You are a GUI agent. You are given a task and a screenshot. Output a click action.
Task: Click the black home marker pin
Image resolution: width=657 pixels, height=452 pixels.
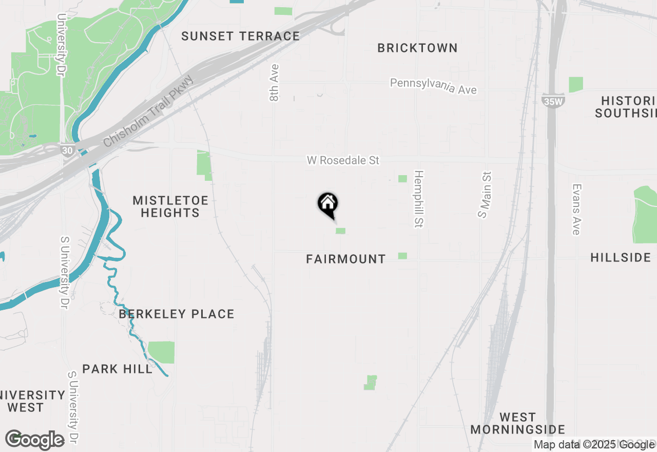327,204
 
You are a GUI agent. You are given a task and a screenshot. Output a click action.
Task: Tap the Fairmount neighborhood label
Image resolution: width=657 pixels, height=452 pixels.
345,259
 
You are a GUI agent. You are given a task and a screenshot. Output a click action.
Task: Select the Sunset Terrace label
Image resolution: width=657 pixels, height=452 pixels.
240,36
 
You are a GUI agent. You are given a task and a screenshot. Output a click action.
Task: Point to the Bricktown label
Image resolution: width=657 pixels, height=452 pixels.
417,48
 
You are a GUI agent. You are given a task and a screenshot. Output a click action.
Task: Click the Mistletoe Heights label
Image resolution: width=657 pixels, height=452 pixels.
170,206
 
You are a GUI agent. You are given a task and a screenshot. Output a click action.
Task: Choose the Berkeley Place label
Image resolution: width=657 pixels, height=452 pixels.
177,314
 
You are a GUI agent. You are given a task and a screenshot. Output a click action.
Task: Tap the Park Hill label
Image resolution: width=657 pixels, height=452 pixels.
118,369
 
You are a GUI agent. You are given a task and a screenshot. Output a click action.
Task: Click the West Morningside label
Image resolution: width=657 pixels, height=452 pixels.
517,423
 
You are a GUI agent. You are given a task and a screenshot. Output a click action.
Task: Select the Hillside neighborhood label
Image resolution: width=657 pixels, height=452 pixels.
621,257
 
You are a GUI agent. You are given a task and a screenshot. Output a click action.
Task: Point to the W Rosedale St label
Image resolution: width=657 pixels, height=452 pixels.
343,160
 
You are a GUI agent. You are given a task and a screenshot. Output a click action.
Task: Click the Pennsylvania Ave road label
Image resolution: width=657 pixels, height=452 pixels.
433,86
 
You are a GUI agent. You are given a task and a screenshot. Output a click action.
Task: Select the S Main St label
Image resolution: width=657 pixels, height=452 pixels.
485,195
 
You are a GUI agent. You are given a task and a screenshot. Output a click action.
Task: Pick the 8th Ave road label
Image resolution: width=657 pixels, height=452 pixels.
275,82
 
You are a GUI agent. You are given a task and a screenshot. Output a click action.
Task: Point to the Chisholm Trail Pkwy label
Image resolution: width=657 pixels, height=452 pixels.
148,111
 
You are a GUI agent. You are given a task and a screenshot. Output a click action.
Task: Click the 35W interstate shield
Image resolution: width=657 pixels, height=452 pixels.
553,101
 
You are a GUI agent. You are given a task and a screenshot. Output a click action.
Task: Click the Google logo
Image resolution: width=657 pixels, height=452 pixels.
35,440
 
